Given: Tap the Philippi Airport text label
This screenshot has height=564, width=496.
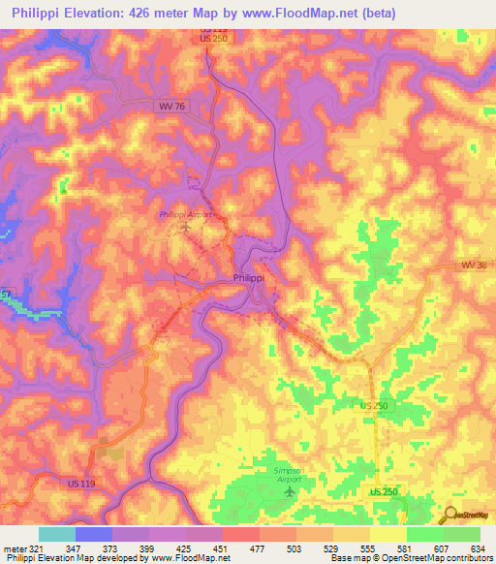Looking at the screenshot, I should [x=185, y=214].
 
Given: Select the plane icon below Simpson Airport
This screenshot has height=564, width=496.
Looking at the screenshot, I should [x=288, y=492].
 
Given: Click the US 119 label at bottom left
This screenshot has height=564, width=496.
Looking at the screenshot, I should [x=84, y=483].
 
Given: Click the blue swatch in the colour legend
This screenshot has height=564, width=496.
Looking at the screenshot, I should [x=94, y=534].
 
